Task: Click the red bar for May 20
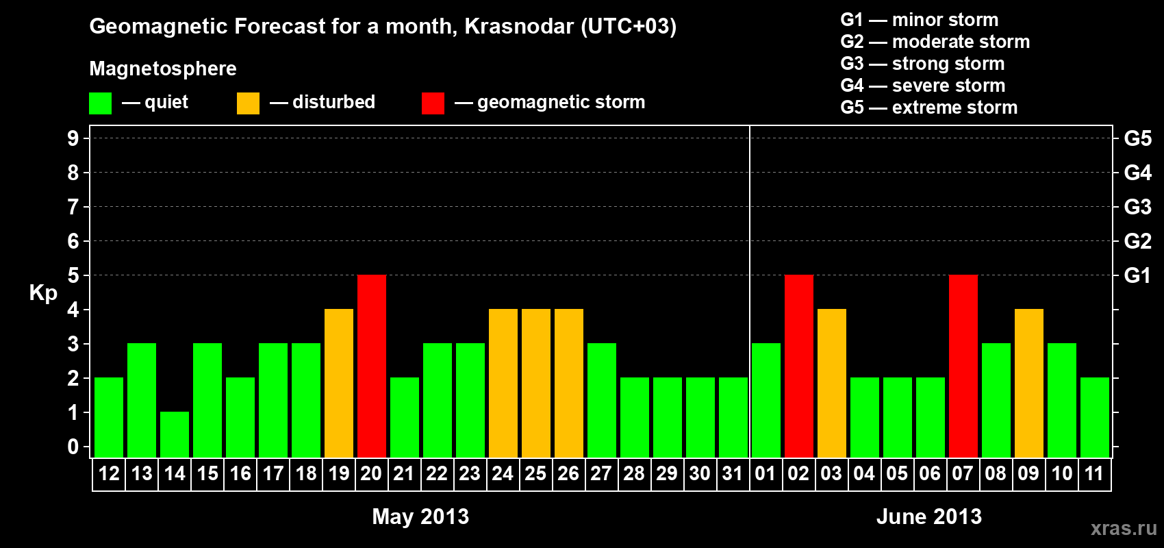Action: (x=372, y=366)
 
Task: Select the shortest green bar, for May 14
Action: (x=175, y=435)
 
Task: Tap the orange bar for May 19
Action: (x=339, y=383)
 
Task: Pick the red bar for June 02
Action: (x=798, y=366)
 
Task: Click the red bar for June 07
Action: (x=963, y=366)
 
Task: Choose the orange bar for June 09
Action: (x=1029, y=383)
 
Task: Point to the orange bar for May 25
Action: (x=535, y=383)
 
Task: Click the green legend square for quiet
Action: (x=100, y=103)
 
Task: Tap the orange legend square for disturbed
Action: (x=248, y=103)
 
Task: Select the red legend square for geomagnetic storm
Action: (x=433, y=103)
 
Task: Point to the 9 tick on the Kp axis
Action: (x=73, y=138)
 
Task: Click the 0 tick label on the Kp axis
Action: (x=73, y=447)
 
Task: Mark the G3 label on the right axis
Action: (x=1137, y=207)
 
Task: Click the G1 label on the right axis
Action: (x=1137, y=275)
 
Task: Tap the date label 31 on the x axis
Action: (x=732, y=473)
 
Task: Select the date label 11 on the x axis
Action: (x=1094, y=473)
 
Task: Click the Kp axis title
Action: (x=43, y=293)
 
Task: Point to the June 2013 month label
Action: (x=929, y=516)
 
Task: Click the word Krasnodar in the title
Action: (x=519, y=26)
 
